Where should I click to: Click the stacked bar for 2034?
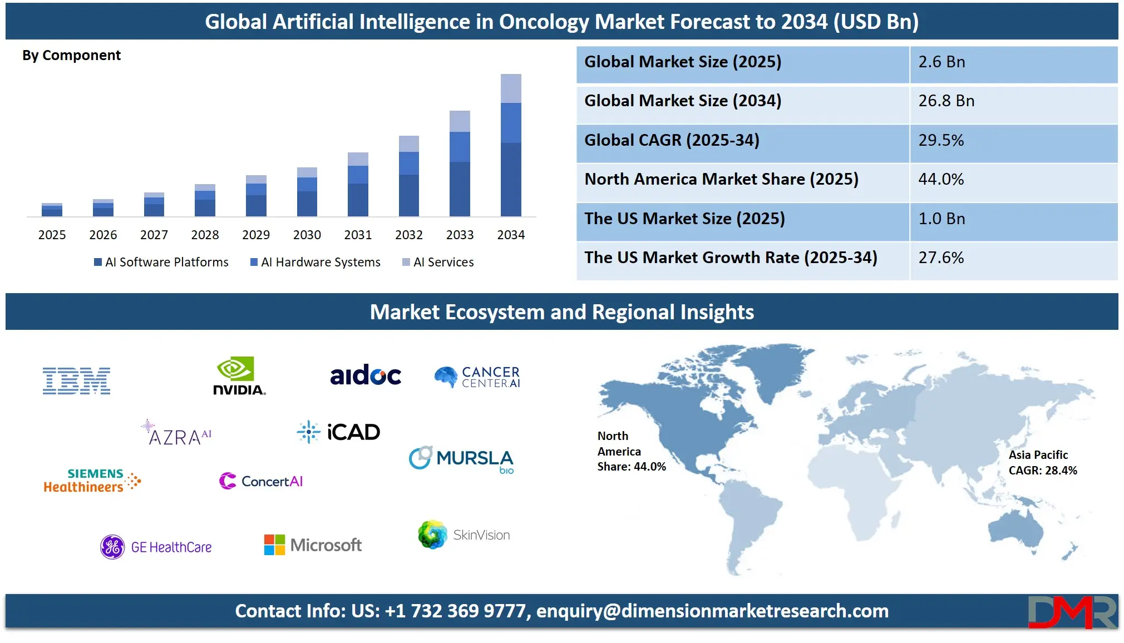point(511,146)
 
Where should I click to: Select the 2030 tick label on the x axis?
point(307,235)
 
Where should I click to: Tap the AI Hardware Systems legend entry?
point(315,262)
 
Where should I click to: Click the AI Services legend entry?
point(438,262)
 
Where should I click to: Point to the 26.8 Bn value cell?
point(946,101)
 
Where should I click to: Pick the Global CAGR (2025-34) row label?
point(672,140)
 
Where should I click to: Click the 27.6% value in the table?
point(941,258)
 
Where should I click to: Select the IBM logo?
point(77,381)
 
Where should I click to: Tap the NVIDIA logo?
point(239,377)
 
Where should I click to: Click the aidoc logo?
point(366,375)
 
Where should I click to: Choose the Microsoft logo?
point(313,545)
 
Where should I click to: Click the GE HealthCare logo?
point(156,547)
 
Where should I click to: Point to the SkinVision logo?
point(464,535)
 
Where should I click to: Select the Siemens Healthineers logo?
point(92,481)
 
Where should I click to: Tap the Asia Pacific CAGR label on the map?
point(1042,463)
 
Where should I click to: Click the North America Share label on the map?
point(631,451)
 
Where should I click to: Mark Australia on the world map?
point(1017,528)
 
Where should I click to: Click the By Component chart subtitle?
point(71,56)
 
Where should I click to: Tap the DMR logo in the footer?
point(1072,612)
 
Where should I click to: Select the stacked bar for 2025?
point(52,210)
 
